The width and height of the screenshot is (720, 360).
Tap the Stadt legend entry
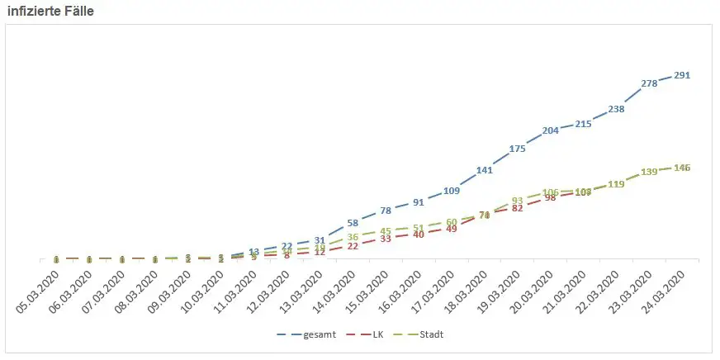tap(421, 334)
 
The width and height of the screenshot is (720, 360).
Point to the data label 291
tap(682, 75)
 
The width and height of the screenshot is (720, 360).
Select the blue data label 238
tap(616, 109)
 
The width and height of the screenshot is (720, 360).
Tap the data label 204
tap(550, 130)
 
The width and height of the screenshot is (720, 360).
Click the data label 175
tap(518, 149)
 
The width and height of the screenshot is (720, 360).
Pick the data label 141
tap(485, 170)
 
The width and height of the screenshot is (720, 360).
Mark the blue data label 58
tap(353, 223)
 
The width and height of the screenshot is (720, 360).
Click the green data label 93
tap(518, 201)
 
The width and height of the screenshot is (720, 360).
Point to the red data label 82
tap(518, 208)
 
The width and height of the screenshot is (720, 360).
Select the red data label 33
tap(386, 239)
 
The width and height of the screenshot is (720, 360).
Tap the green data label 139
tap(649, 172)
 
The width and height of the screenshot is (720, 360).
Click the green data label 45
tap(386, 231)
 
